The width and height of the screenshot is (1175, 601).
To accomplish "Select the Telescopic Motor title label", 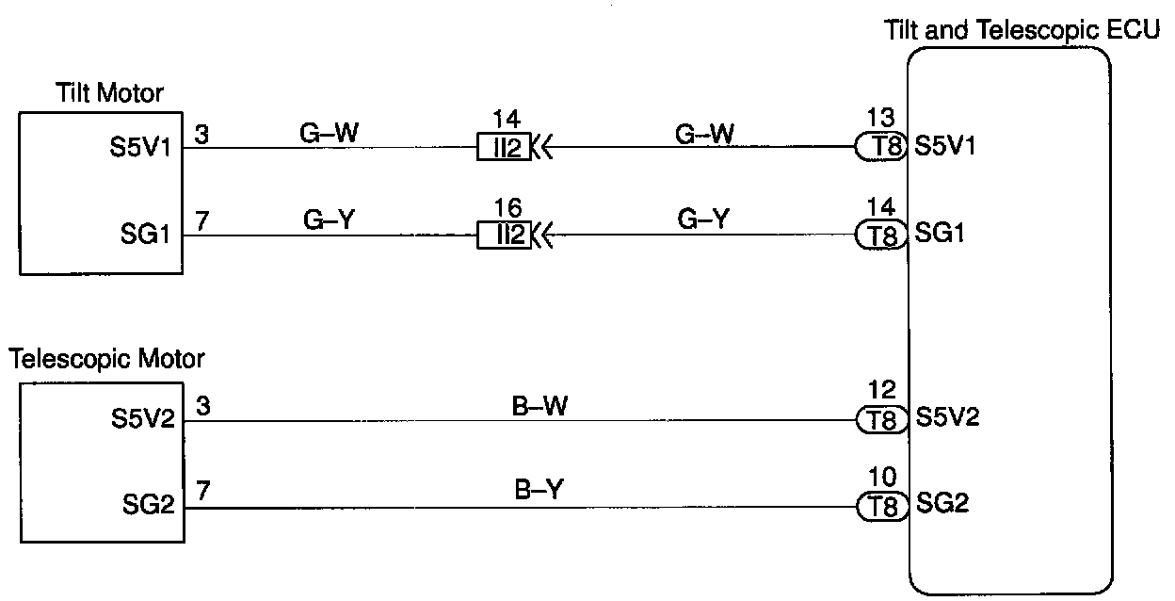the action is [x=106, y=359].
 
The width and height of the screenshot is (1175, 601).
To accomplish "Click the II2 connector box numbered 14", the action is [x=504, y=147].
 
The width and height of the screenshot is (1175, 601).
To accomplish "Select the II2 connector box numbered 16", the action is [x=504, y=235].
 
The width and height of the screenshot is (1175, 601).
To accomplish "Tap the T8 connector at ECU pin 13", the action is [x=881, y=147].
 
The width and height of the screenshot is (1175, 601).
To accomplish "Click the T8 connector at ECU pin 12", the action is [x=881, y=419].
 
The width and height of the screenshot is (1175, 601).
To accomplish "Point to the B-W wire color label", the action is [x=539, y=405].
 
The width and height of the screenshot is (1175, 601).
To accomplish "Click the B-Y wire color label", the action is [x=539, y=491].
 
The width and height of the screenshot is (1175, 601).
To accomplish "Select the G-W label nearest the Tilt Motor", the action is [x=328, y=133].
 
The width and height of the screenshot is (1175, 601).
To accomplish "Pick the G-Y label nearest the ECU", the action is [x=702, y=220].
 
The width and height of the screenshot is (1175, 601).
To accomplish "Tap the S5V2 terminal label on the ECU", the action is [x=947, y=417].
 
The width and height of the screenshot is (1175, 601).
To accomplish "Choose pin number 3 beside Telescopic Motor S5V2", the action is [x=201, y=406].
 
